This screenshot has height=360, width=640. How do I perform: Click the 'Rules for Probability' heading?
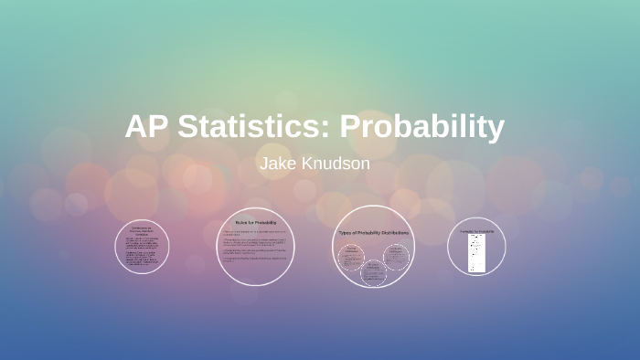point(255,222)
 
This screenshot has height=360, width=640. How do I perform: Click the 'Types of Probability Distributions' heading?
point(373,234)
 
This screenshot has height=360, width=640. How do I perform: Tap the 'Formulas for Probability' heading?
point(476,231)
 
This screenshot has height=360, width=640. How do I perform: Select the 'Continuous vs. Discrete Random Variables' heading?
point(142,229)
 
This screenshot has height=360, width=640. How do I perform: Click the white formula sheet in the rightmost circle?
point(476,252)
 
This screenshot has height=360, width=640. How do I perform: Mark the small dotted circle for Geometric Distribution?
point(373,271)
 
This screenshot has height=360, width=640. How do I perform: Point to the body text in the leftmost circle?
point(142,251)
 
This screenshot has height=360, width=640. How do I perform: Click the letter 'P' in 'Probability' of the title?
point(351,127)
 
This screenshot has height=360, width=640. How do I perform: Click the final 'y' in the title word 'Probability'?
point(495,130)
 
